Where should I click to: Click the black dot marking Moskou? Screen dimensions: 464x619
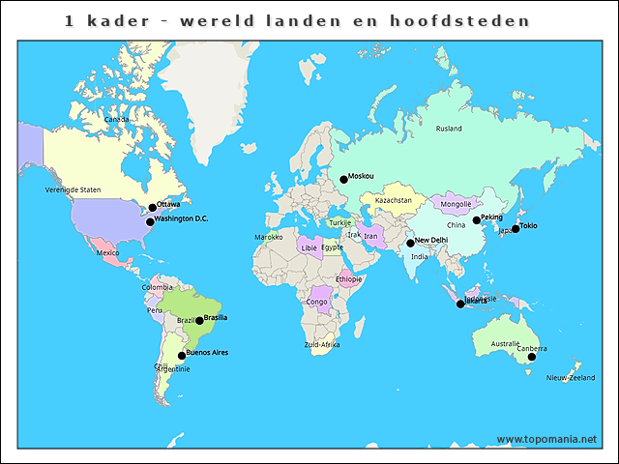point(343,179)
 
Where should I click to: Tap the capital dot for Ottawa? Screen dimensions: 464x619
point(152,207)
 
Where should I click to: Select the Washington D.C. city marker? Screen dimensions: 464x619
point(150,221)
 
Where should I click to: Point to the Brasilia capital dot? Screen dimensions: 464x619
point(199,320)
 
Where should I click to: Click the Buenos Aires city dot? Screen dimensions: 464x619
point(181,356)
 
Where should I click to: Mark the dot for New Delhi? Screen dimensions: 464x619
point(410,243)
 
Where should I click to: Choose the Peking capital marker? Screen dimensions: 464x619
point(476,220)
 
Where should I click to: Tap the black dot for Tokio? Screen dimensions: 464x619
point(516,229)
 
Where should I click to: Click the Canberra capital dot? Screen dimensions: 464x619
point(531,357)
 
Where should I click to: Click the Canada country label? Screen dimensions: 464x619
point(116,119)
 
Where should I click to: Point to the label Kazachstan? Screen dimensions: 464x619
point(394,200)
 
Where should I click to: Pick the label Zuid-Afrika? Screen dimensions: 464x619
point(321,344)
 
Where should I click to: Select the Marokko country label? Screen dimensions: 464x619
point(268,237)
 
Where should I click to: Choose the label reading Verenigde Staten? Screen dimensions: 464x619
point(73,189)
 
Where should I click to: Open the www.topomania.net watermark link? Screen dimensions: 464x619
point(546,439)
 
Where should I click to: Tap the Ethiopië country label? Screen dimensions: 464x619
point(348,278)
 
